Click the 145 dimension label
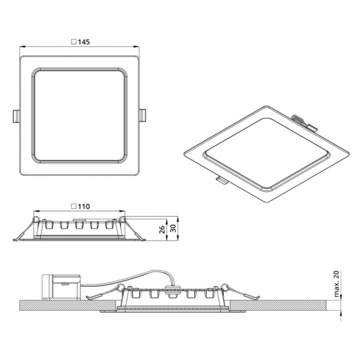(84, 42)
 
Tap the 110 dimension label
(84, 206)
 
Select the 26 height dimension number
(163, 229)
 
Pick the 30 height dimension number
(174, 228)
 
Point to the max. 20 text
(336, 284)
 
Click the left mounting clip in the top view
(16, 116)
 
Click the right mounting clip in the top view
(143, 116)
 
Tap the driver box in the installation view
(61, 287)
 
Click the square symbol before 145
(74, 42)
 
